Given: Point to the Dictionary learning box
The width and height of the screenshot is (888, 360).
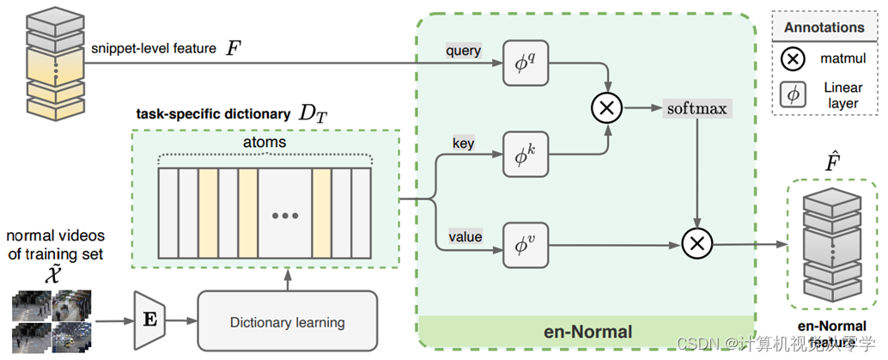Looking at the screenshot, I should pos(287,322).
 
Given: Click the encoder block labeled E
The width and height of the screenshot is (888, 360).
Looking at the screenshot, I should pos(149,320).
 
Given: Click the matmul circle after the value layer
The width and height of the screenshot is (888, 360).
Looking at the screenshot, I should pos(697,244).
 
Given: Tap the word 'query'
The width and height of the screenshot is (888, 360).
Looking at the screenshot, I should pos(463,51).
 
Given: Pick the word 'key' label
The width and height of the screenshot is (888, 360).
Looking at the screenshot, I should pos(463,143).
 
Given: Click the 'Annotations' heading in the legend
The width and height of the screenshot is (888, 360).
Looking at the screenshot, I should pos(824,27).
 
